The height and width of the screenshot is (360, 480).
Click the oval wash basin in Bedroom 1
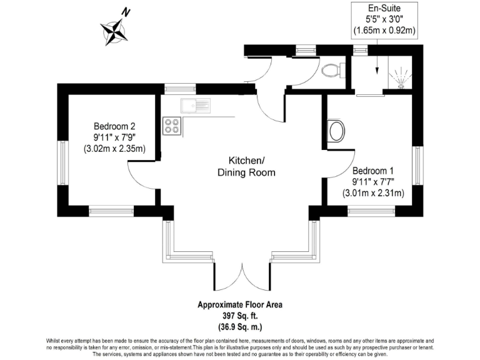tap(336, 131)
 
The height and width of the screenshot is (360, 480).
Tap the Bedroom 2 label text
tap(115, 124)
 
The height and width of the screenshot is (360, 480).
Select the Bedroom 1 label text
tap(373, 171)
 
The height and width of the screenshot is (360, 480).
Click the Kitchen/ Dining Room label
tap(246, 166)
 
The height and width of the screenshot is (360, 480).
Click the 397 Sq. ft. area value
tap(240, 317)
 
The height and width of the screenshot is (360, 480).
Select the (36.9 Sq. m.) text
tap(240, 327)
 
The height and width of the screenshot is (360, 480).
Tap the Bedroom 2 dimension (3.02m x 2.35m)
tap(114, 149)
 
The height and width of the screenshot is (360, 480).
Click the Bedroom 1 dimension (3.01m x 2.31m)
tap(373, 194)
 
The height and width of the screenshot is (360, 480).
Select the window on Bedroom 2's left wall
tap(62, 162)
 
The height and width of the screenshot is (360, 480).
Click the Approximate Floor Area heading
tap(240, 306)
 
